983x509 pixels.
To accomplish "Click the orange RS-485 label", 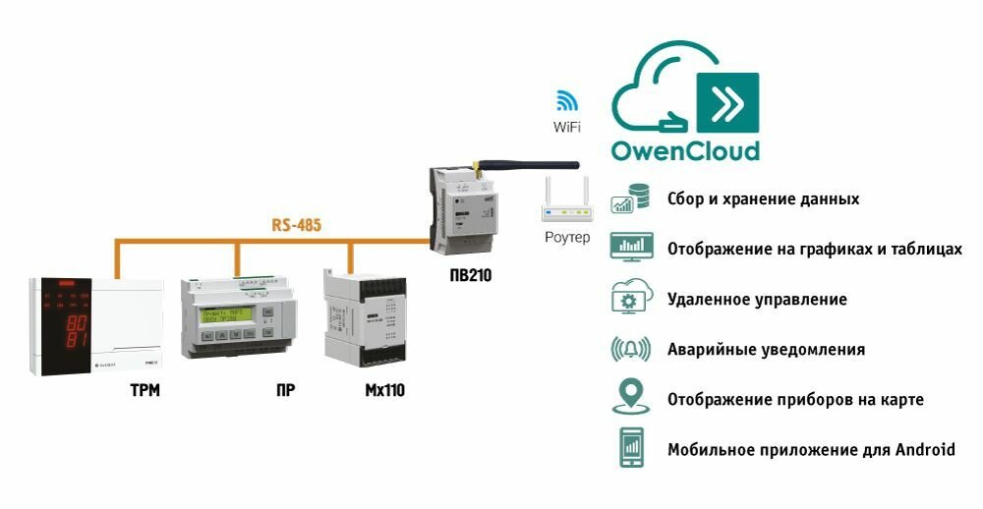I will click(297, 225).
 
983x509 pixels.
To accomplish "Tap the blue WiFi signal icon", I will click(567, 100).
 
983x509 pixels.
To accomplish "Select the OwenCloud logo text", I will click(685, 150).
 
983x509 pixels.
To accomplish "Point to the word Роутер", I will click(567, 238).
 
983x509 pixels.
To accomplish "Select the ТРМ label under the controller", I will click(145, 391).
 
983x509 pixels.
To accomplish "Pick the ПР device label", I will click(285, 391).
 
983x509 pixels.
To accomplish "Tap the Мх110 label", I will click(384, 391).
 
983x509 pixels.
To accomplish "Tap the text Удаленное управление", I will click(757, 299).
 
